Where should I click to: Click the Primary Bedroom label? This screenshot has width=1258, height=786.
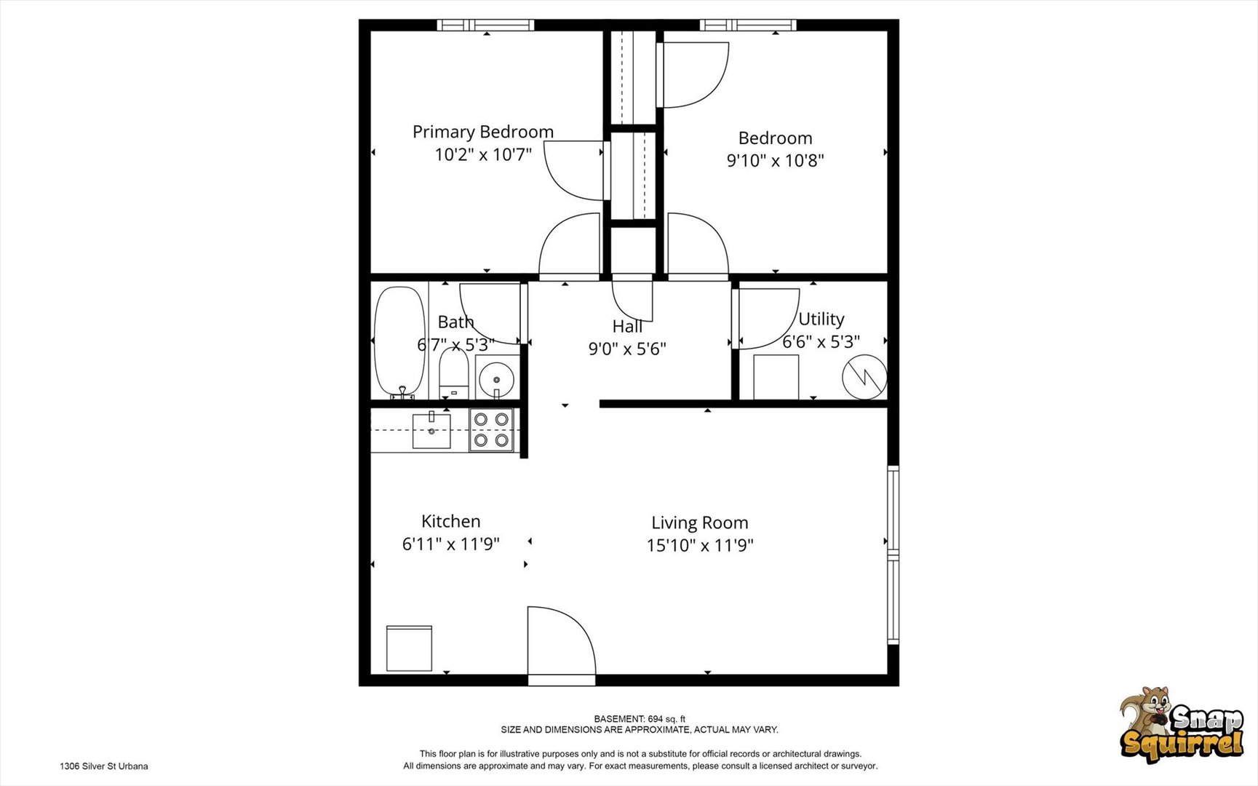(483, 132)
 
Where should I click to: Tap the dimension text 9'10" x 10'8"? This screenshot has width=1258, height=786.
(775, 160)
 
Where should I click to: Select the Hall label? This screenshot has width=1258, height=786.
(627, 326)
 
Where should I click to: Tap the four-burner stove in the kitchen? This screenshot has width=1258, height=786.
(491, 430)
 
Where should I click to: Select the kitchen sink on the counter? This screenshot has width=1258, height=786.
(431, 431)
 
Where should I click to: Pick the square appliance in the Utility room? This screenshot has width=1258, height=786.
(776, 377)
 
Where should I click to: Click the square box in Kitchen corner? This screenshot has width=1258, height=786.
(409, 648)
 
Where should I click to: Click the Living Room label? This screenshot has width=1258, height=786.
(699, 523)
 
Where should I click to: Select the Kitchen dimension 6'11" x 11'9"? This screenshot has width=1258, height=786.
(450, 544)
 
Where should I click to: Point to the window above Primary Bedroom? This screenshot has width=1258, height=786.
(485, 25)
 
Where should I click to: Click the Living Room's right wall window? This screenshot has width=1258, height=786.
(893, 555)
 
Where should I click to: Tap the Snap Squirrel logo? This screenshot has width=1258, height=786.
(1181, 726)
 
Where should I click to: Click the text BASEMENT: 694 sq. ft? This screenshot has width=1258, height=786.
(639, 719)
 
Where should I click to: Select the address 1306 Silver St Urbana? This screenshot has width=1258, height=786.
(103, 766)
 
